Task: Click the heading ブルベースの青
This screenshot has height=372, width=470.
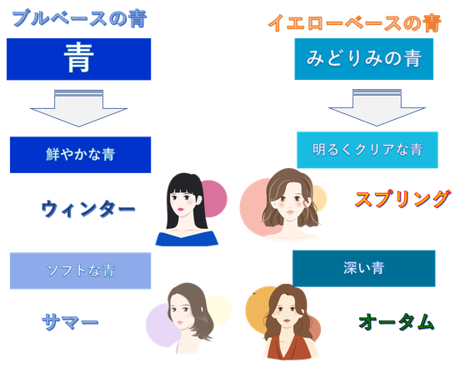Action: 79,18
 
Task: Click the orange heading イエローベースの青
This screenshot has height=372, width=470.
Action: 354,22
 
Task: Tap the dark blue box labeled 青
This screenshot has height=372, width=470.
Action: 79,59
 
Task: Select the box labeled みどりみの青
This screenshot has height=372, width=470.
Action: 364,59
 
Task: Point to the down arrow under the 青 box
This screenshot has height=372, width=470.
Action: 79,108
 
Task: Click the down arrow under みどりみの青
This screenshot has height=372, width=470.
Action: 377,107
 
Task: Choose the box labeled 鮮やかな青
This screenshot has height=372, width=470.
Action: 80,155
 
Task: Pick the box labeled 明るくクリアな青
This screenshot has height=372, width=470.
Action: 367,150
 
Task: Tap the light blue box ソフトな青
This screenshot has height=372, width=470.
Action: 80,270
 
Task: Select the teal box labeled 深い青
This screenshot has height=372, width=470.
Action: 364,269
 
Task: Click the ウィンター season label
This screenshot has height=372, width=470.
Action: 88,209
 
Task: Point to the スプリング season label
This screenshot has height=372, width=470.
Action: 402,199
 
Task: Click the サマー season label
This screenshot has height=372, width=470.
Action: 70,322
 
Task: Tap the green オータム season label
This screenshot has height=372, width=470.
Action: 397,322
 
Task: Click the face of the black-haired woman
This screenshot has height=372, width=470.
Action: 183,203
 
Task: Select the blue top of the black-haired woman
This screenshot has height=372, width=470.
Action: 187,239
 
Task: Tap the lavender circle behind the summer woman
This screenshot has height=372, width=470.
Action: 160,325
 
